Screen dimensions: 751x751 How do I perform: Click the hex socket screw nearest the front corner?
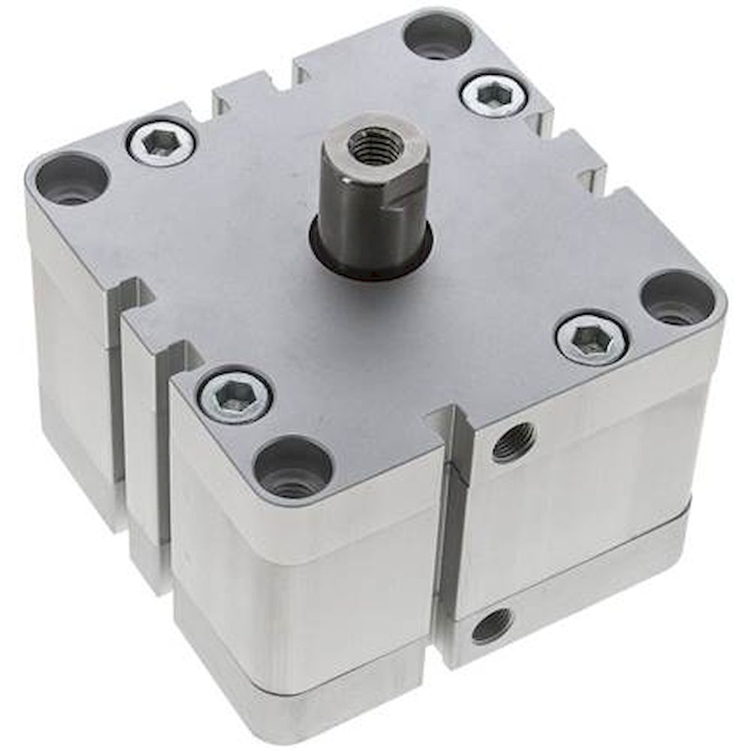pyautogui.click(x=235, y=394)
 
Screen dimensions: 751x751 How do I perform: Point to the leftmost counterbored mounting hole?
pyautogui.click(x=72, y=179)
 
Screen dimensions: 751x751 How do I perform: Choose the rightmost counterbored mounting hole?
pyautogui.click(x=677, y=298)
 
